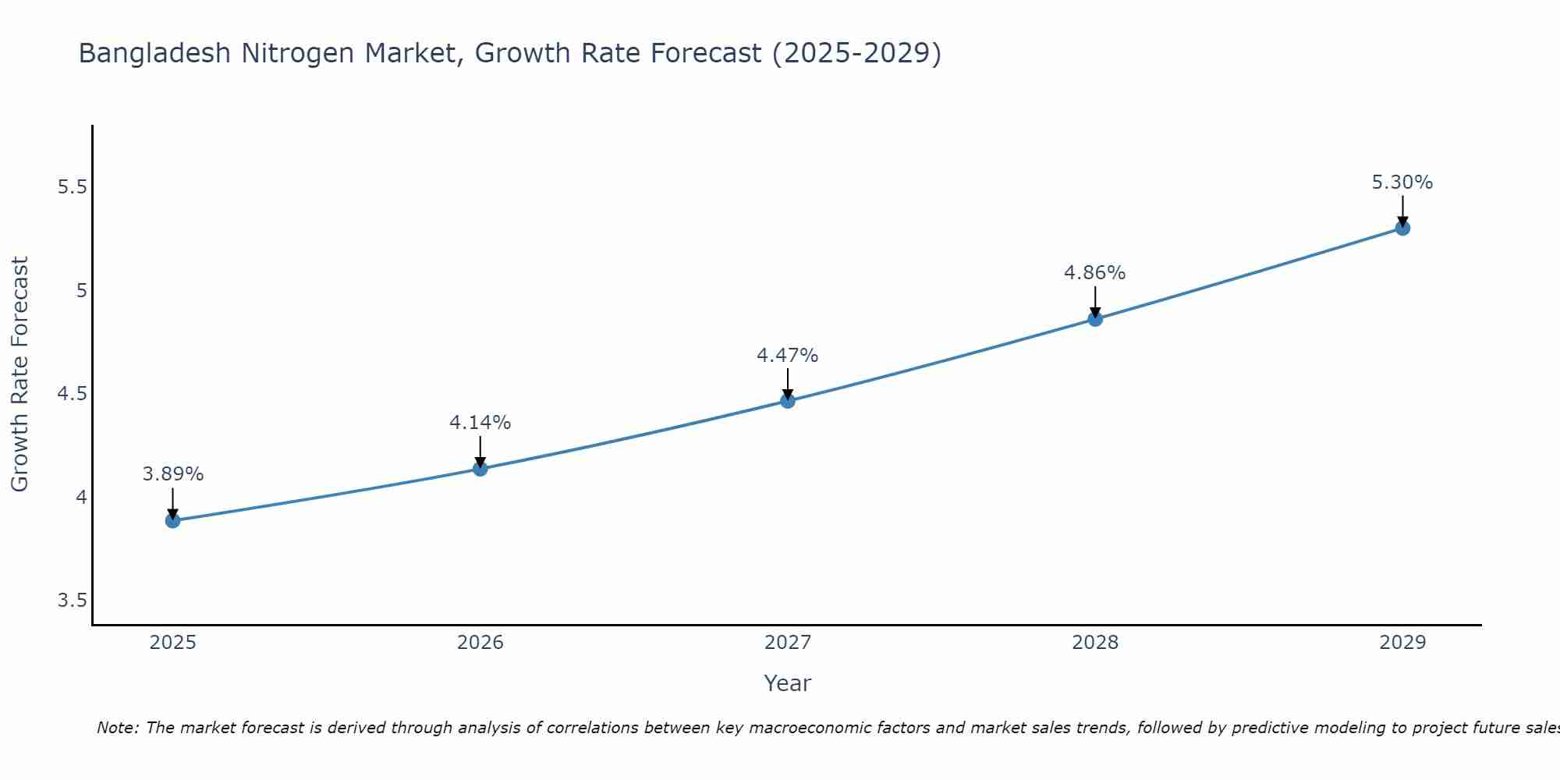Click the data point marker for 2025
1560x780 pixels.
click(x=173, y=520)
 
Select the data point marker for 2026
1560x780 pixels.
click(x=480, y=469)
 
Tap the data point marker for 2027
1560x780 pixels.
click(x=788, y=401)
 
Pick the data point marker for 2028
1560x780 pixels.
click(x=1095, y=319)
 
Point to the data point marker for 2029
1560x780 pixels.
click(x=1402, y=228)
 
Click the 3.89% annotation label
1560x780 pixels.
click(x=173, y=474)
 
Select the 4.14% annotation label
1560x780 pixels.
click(x=480, y=423)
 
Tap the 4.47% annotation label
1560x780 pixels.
click(x=788, y=356)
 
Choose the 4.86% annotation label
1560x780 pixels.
click(x=1095, y=273)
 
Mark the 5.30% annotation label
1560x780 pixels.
click(x=1402, y=183)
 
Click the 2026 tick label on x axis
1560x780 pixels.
click(x=480, y=643)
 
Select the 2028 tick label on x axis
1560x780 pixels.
click(x=1095, y=643)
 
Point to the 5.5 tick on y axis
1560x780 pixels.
click(x=72, y=187)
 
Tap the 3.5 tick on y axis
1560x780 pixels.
click(x=72, y=601)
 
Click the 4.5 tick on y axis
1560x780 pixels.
click(x=72, y=394)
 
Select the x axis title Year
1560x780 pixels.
click(x=788, y=683)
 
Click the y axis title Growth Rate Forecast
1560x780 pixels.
click(x=19, y=374)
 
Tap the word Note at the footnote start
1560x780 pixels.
click(x=117, y=728)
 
